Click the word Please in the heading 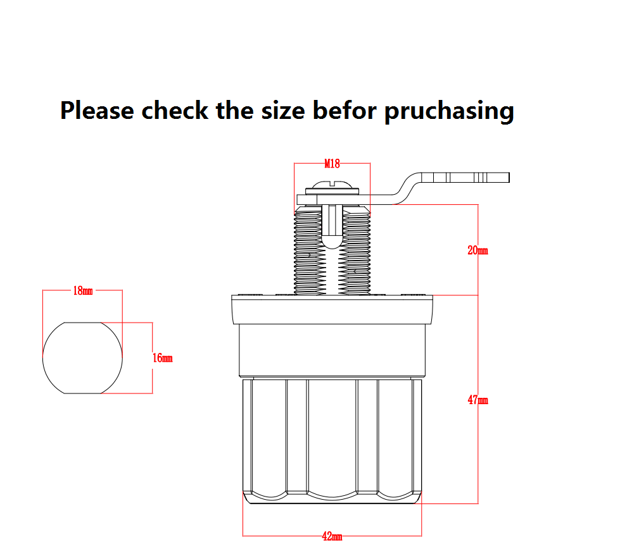tap(97, 110)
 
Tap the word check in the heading tap(174, 110)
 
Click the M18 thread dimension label tap(332, 164)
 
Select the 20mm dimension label tap(478, 250)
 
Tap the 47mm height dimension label tap(478, 400)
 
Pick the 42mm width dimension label tap(332, 536)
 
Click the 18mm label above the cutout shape tap(83, 291)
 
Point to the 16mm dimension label tap(163, 358)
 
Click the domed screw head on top tap(331, 188)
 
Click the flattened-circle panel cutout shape tap(82, 358)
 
